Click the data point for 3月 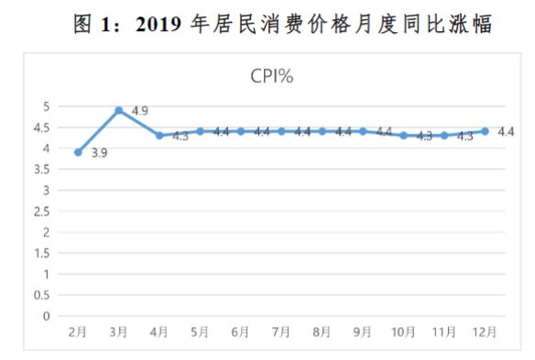(119, 111)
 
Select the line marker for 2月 (79, 152)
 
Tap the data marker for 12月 (485, 131)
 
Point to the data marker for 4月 (159, 136)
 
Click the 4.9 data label (140, 111)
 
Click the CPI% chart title (271, 77)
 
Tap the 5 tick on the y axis (46, 106)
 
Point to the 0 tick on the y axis (46, 316)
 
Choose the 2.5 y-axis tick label (42, 212)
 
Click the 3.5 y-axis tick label (42, 169)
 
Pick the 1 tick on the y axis (46, 274)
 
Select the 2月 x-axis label (79, 332)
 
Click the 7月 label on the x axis (281, 332)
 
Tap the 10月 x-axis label (403, 332)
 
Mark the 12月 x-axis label (485, 332)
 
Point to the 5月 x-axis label (201, 332)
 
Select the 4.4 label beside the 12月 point (505, 132)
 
